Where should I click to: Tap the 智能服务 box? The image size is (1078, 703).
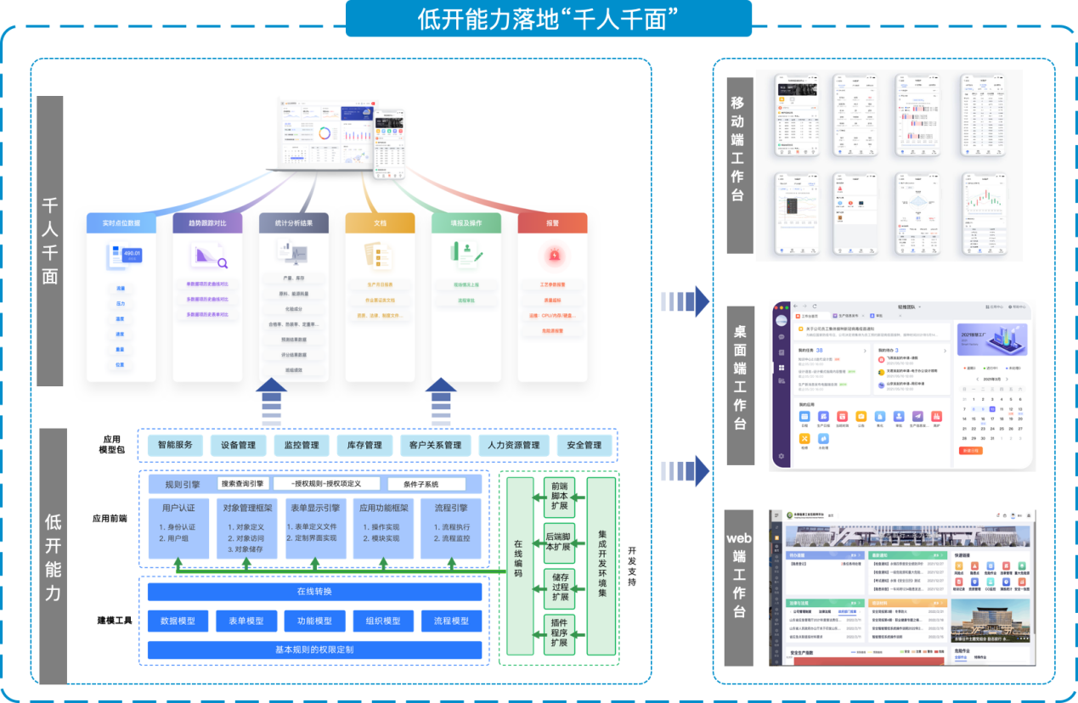(x=176, y=445)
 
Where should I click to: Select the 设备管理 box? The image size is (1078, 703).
(x=238, y=445)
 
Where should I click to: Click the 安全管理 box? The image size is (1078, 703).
(x=584, y=445)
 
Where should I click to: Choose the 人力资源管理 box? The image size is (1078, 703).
(x=509, y=445)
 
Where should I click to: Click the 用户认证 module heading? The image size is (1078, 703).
(x=178, y=508)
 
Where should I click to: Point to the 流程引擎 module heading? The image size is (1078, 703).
(x=450, y=508)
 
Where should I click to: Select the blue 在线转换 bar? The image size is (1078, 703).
(x=314, y=592)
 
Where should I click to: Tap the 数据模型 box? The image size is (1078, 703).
(x=178, y=621)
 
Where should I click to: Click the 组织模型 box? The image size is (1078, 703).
(x=382, y=621)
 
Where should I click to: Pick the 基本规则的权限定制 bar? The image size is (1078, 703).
(x=314, y=650)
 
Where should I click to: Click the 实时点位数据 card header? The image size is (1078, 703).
(x=121, y=223)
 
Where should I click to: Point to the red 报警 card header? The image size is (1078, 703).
(x=553, y=223)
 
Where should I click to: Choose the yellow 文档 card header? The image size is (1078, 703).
(x=380, y=223)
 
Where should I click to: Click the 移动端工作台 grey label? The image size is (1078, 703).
(x=740, y=164)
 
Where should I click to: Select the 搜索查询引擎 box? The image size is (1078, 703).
(x=243, y=484)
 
